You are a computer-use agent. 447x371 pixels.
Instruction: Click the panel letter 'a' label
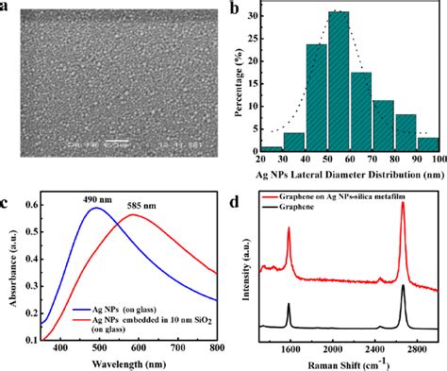click(7, 8)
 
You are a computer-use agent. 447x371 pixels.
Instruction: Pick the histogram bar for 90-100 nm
click(427, 144)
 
